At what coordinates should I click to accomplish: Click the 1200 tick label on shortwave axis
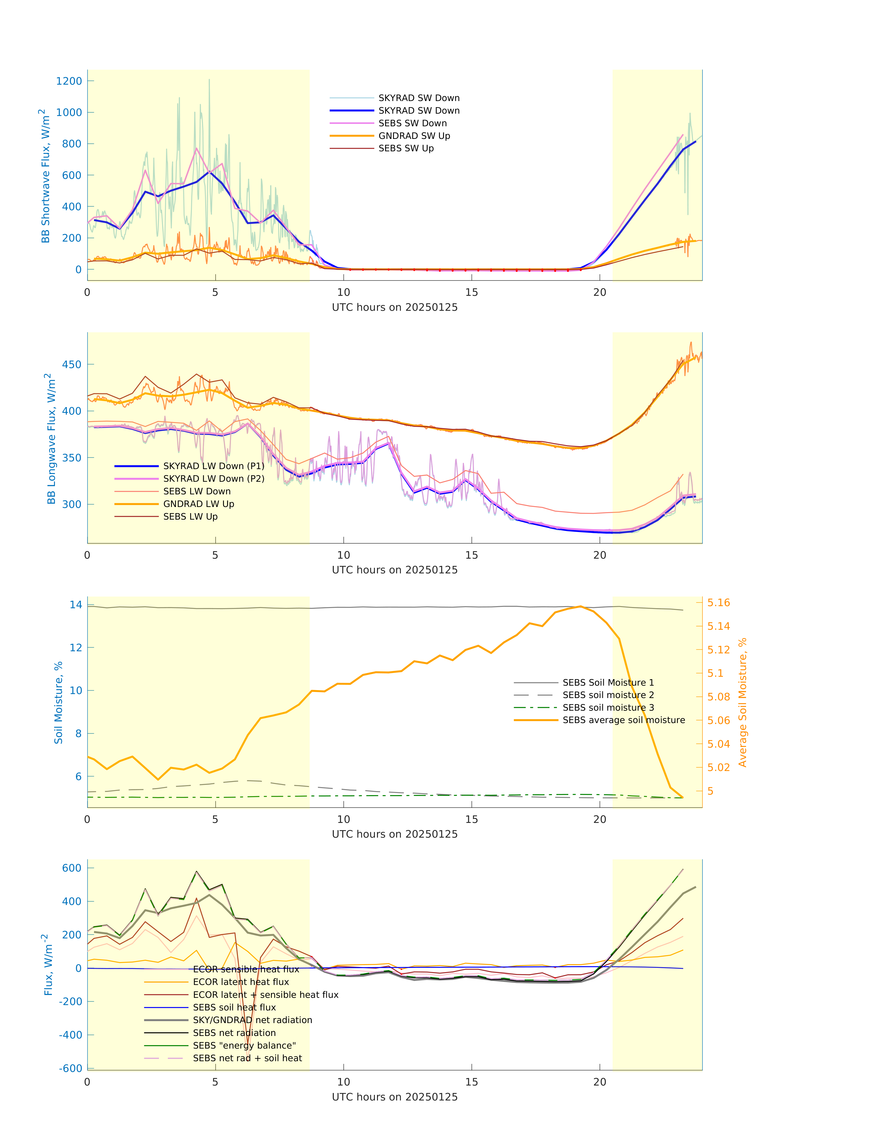69,81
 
